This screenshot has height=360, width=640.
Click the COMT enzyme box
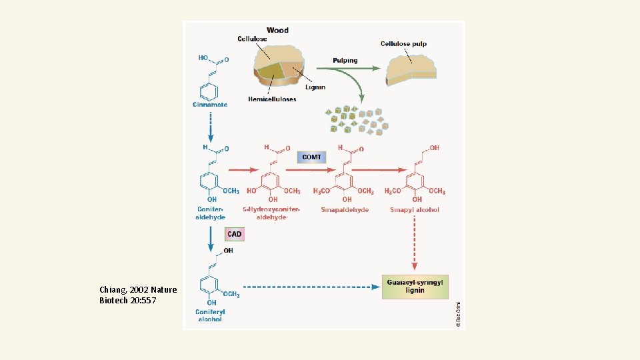[x=311, y=157]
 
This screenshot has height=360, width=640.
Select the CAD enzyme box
[x=234, y=234]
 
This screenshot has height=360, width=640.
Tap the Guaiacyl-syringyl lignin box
[x=415, y=287]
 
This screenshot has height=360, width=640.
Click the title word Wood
[x=277, y=30]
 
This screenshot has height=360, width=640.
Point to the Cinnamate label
[x=210, y=105]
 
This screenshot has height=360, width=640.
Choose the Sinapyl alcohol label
[x=415, y=210]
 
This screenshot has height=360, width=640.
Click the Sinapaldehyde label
[x=344, y=210]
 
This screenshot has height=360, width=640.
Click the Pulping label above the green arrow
[x=345, y=61]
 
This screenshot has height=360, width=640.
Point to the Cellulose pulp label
[x=404, y=44]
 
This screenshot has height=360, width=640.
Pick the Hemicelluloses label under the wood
[x=272, y=99]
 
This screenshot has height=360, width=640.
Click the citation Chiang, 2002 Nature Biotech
[x=138, y=295]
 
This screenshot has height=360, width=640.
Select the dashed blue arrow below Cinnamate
[x=210, y=124]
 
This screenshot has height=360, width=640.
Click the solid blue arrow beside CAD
[x=211, y=239]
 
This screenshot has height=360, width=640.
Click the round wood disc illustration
[x=278, y=67]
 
